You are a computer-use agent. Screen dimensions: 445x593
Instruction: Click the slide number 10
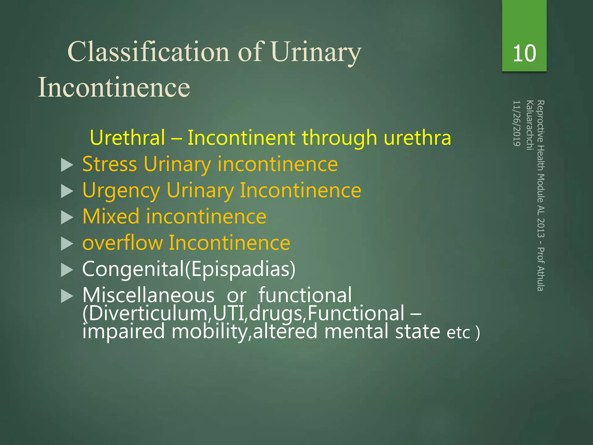[x=524, y=54]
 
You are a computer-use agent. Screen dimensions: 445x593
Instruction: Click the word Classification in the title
[x=149, y=52]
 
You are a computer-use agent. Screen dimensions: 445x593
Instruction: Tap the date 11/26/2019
[x=517, y=123]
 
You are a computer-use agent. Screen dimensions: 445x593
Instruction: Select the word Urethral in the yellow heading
[x=127, y=138]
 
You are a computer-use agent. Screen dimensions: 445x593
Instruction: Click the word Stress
[x=109, y=164]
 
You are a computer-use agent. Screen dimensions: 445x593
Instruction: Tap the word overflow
[x=122, y=243]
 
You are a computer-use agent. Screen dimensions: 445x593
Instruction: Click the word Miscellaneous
[x=148, y=296]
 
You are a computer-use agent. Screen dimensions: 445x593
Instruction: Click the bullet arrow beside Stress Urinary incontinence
[x=67, y=165]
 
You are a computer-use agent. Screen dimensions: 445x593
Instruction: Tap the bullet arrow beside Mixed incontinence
[x=67, y=218]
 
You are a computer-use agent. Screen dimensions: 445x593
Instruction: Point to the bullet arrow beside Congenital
[x=67, y=270]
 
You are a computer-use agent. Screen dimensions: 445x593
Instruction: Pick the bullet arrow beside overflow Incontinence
[x=67, y=244]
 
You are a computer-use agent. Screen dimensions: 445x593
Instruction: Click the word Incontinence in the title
[x=114, y=87]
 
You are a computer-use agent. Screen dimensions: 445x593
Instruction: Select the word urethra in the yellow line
[x=417, y=138]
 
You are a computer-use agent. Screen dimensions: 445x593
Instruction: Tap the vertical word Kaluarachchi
[x=530, y=125]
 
